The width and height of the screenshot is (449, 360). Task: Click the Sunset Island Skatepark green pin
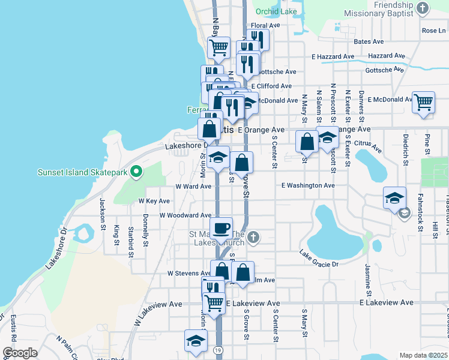tap(136, 173)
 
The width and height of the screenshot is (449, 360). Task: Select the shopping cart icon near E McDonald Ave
tap(423, 103)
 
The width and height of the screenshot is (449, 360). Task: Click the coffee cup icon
tap(221, 227)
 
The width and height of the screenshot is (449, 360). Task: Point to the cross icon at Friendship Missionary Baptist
tap(423, 8)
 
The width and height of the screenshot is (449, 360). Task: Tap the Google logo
tap(20, 353)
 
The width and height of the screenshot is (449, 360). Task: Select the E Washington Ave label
tap(309, 185)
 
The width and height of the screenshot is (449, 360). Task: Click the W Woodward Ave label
tap(185, 215)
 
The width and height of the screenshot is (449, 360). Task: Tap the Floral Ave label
tap(266, 26)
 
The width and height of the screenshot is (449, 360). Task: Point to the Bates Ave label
tap(369, 41)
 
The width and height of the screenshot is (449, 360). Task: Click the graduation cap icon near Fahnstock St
tap(395, 198)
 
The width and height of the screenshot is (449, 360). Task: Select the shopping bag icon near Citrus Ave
tap(307, 142)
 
